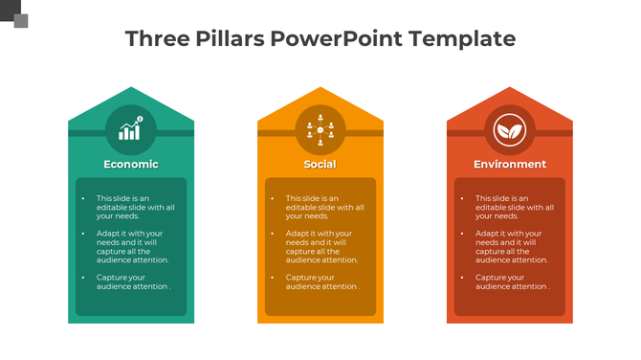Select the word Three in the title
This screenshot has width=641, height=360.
pyautogui.click(x=157, y=39)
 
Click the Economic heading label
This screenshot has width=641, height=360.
pyautogui.click(x=131, y=164)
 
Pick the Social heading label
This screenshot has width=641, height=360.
pyautogui.click(x=320, y=164)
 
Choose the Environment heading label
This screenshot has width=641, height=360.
pyautogui.click(x=510, y=164)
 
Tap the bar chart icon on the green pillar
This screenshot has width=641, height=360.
pyautogui.click(x=131, y=128)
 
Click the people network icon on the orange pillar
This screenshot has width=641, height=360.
pyautogui.click(x=320, y=128)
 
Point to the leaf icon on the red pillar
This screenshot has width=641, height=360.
pyautogui.click(x=510, y=128)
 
